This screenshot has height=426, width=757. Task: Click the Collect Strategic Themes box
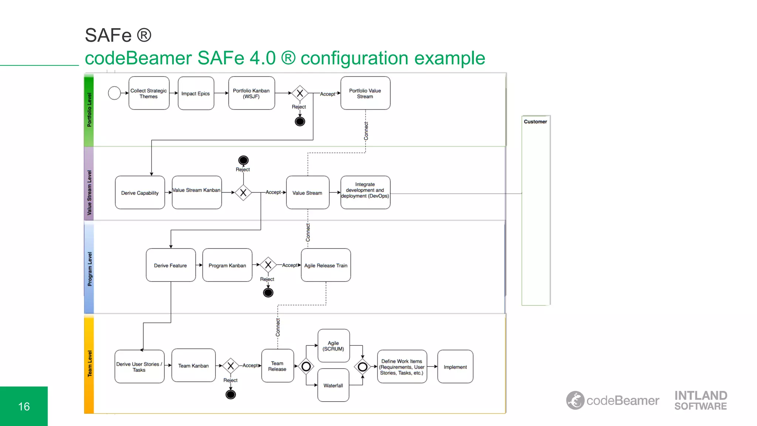[x=149, y=93]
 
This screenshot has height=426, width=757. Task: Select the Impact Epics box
[x=196, y=93]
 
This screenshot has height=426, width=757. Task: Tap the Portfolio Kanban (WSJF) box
[x=251, y=93]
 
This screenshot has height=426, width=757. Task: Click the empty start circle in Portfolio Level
[x=114, y=93]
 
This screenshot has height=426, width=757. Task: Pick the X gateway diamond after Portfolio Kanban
[x=300, y=93]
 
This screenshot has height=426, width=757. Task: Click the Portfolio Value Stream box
[x=365, y=93]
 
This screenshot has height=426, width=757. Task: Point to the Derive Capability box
[x=140, y=193]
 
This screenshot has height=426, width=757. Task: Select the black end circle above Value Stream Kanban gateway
[x=243, y=160]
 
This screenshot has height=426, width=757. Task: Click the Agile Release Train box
[x=326, y=265]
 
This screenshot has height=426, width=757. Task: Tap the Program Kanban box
[x=227, y=265]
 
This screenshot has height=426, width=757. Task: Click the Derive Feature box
[x=170, y=265]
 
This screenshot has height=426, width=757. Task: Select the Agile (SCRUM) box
[x=333, y=346]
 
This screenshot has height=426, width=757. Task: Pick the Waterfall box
[x=333, y=385]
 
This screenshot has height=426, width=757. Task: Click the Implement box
[x=455, y=366]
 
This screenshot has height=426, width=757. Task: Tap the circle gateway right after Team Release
[x=306, y=366]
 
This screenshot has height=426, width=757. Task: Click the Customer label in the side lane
[x=535, y=122]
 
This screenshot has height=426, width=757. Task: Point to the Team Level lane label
[x=89, y=364]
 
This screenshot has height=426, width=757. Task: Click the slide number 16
[x=24, y=406]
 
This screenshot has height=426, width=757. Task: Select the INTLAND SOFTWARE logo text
[x=700, y=400]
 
